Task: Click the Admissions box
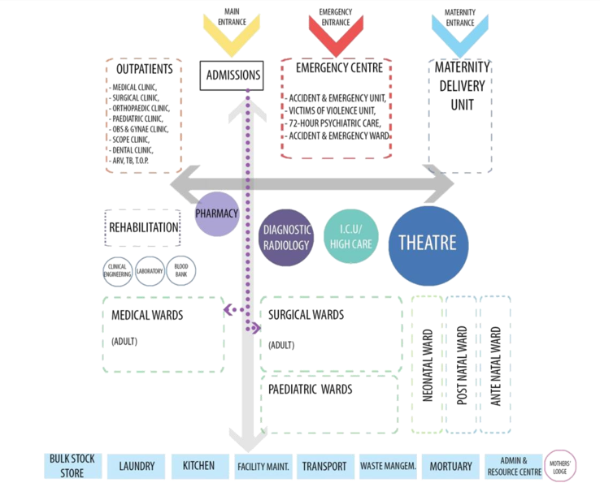pos(233,75)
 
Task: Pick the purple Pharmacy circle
pos(216,213)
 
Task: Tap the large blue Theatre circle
pos(428,243)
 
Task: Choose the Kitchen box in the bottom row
pos(193,466)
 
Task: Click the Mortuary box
pos(450,466)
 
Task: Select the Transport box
pos(324,466)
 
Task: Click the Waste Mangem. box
pos(388,466)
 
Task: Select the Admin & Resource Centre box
pos(514,466)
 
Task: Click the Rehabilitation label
pos(142,228)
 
